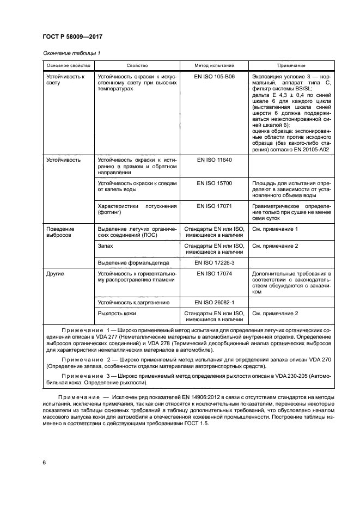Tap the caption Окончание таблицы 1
(71, 53)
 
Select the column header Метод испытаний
(214, 65)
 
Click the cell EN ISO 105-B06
(214, 77)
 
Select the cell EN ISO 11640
(214, 160)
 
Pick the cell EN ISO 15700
(214, 183)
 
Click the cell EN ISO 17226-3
(214, 262)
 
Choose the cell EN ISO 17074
(214, 273)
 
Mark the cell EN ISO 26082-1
(214, 302)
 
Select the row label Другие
(55, 273)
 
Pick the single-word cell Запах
(106, 246)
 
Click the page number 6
(44, 462)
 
